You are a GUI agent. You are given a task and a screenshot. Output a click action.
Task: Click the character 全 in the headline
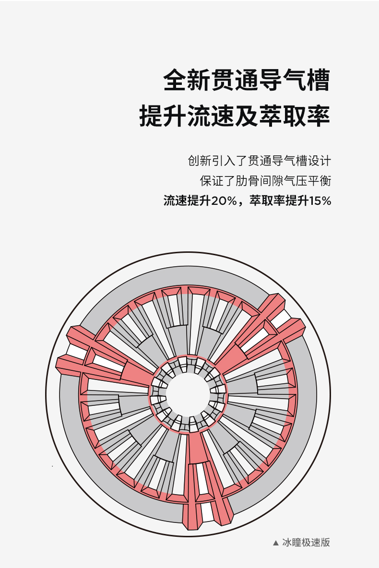point(175,80)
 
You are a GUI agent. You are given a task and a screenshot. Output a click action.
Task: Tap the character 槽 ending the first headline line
point(318,80)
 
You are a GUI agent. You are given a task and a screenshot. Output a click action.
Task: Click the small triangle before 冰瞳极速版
point(275,543)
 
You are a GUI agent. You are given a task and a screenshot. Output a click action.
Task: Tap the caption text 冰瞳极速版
point(306,543)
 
